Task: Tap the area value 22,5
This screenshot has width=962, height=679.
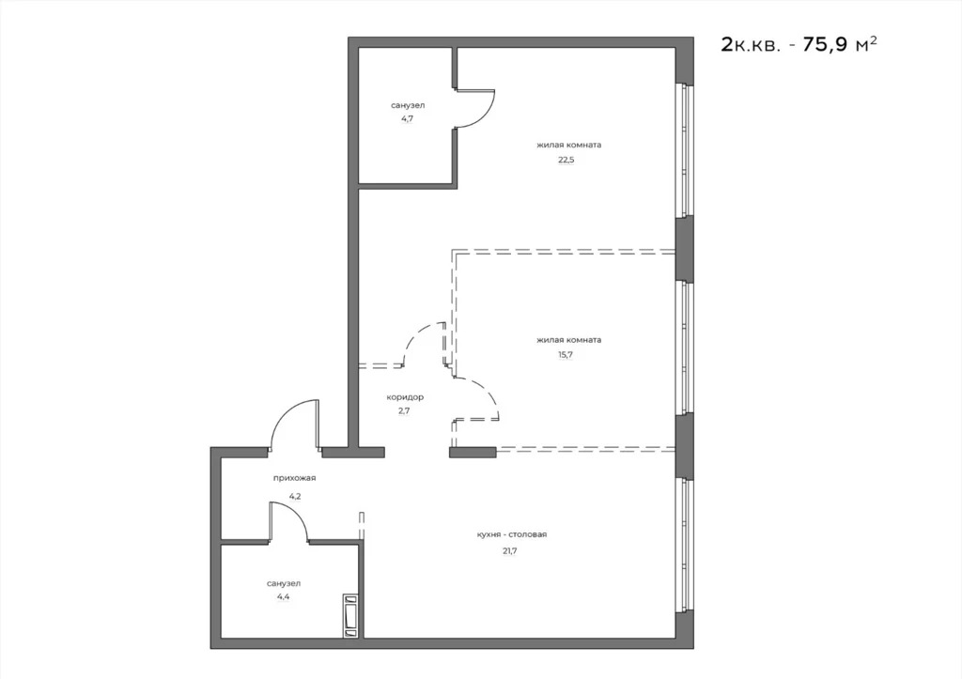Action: click(566, 160)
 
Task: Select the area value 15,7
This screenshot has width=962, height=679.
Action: click(566, 354)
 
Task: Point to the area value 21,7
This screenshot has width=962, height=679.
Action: click(510, 550)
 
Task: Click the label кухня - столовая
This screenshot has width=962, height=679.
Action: click(511, 534)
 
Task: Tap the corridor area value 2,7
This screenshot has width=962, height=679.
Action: click(404, 410)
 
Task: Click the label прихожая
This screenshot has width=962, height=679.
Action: click(294, 479)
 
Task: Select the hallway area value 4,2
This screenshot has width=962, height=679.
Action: click(294, 495)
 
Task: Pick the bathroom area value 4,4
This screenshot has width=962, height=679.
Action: click(283, 596)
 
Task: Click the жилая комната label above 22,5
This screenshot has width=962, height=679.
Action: click(568, 145)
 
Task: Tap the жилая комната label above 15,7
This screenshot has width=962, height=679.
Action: click(568, 339)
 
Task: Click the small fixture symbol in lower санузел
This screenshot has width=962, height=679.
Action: click(350, 615)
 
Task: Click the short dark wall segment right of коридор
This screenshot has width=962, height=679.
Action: click(473, 453)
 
